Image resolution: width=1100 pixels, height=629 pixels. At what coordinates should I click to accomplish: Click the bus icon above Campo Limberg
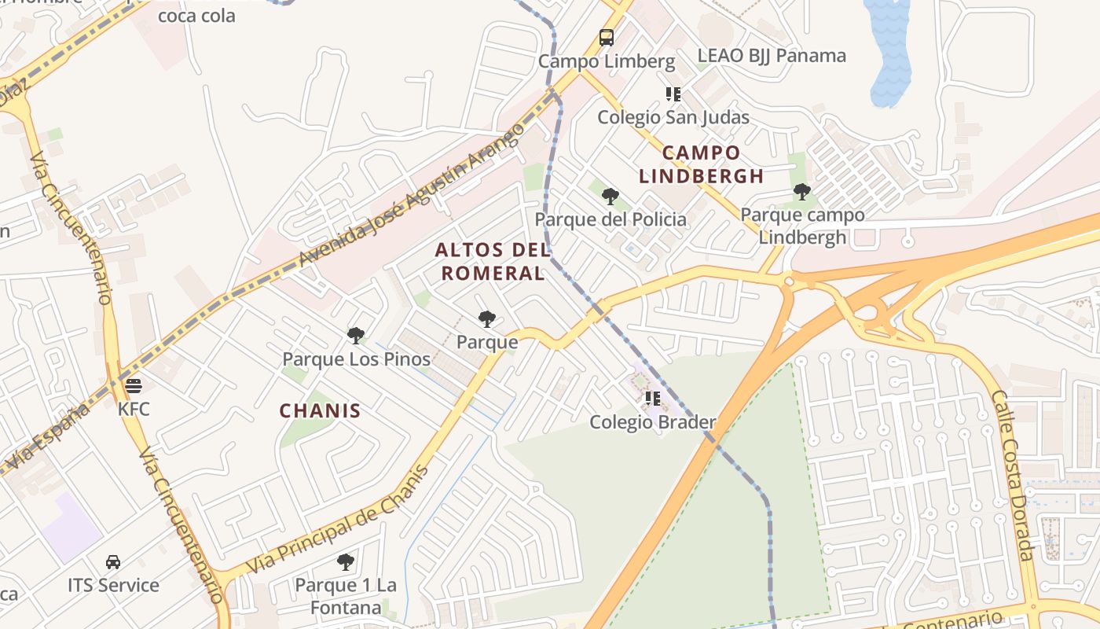[606, 37]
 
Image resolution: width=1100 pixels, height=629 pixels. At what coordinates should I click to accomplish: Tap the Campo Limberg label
[606, 61]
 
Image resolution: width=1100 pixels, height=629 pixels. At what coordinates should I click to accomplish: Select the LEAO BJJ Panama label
[772, 56]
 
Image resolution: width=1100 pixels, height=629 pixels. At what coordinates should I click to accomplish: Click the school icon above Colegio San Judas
[673, 94]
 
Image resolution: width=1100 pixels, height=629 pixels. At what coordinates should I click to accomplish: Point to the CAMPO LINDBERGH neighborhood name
[701, 164]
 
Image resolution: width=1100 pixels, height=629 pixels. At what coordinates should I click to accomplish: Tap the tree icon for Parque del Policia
[610, 196]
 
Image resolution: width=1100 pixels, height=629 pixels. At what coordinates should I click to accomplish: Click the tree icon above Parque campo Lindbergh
[801, 191]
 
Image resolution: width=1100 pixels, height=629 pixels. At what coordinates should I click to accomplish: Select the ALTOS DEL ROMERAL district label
[491, 261]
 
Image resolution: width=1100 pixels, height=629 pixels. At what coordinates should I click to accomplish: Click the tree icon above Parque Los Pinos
[356, 336]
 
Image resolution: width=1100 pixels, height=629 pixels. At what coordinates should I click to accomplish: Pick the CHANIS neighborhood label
[320, 410]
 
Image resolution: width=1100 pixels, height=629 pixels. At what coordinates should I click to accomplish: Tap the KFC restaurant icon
[133, 386]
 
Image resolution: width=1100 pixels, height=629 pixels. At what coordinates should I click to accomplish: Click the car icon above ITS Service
[113, 562]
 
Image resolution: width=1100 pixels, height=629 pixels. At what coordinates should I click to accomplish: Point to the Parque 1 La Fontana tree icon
[345, 562]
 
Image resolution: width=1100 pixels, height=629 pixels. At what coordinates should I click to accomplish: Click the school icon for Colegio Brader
[652, 399]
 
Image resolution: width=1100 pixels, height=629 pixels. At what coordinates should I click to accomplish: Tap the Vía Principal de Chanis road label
[339, 520]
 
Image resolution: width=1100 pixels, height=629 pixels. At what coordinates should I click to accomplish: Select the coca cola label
[196, 15]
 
